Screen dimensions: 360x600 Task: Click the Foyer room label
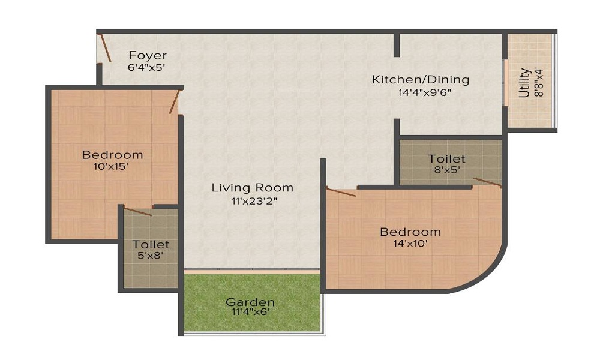pyautogui.click(x=147, y=56)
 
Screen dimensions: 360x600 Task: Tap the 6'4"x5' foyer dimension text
pyautogui.click(x=146, y=68)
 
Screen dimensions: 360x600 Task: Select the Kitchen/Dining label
pyautogui.click(x=421, y=79)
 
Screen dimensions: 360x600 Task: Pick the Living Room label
pyautogui.click(x=252, y=188)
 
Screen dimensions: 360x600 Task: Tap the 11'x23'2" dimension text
pyautogui.click(x=252, y=201)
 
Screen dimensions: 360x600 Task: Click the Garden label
pyautogui.click(x=250, y=302)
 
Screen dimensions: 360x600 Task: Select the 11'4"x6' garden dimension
pyautogui.click(x=250, y=312)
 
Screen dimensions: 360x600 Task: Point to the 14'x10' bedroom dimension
pyautogui.click(x=410, y=244)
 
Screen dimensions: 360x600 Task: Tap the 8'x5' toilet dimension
pyautogui.click(x=446, y=170)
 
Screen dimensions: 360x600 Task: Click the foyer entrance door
pyautogui.click(x=105, y=48)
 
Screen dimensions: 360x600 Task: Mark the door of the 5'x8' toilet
pyautogui.click(x=137, y=211)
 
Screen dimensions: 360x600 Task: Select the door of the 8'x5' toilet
pyautogui.click(x=487, y=182)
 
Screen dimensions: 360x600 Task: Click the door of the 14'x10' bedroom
pyautogui.click(x=341, y=192)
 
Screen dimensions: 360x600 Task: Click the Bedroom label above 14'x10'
pyautogui.click(x=410, y=232)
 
